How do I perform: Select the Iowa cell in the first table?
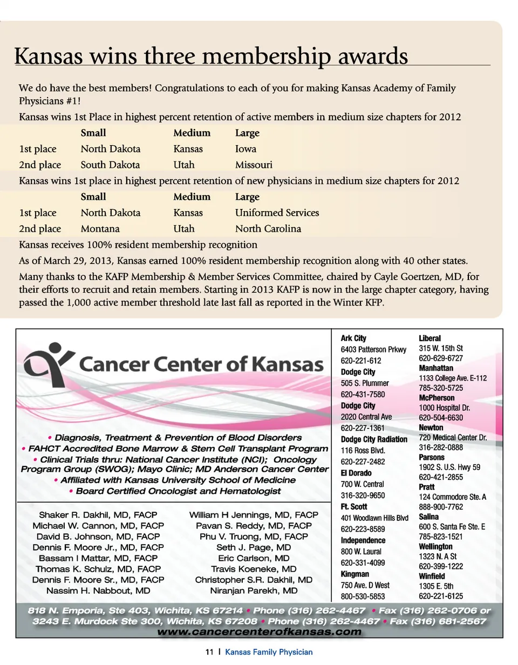[x=246, y=149]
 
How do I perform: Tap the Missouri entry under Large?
[x=254, y=165]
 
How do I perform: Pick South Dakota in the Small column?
[x=110, y=165]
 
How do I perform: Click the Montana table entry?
[x=100, y=229]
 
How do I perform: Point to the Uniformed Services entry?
[x=277, y=213]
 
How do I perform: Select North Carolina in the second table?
[x=268, y=229]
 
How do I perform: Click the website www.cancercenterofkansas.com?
[x=259, y=632]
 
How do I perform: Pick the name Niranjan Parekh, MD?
[x=254, y=591]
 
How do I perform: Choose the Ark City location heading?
[x=353, y=338]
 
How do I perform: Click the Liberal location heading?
[x=430, y=338]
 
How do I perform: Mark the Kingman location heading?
[x=355, y=574]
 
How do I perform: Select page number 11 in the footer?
[x=209, y=652]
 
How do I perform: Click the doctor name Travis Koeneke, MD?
[x=254, y=569]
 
